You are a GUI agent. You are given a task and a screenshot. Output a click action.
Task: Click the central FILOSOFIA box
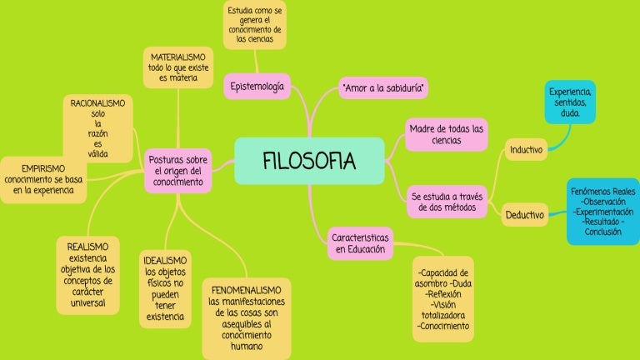309,161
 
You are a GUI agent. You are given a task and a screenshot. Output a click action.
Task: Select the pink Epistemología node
257,87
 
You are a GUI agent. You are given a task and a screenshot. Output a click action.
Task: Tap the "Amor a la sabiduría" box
383,87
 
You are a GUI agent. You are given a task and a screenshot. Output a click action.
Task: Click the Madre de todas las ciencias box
446,135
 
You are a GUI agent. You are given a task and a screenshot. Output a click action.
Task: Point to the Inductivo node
526,150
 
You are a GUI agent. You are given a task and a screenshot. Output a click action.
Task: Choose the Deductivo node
524,215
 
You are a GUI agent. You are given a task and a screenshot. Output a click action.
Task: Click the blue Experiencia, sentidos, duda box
570,102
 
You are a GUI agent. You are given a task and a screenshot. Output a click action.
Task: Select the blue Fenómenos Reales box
602,212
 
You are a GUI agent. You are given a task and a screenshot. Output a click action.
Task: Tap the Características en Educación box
360,243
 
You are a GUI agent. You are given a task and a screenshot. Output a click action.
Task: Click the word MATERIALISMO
178,57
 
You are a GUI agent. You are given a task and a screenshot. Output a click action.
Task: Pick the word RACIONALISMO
97,103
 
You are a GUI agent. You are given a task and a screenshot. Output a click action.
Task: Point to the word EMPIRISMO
43,168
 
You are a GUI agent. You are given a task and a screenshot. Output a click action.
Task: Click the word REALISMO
87,247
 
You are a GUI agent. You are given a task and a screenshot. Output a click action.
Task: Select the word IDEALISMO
165,260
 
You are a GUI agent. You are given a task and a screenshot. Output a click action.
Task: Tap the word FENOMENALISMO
246,290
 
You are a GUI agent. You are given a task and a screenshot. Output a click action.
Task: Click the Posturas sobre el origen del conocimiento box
178,171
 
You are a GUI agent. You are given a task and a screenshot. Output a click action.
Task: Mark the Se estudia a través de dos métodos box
447,202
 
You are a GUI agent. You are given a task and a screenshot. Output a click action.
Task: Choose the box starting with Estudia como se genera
255,24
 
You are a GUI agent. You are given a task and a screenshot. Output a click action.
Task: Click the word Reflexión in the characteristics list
442,294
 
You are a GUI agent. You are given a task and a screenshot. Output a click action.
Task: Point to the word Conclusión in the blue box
602,232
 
